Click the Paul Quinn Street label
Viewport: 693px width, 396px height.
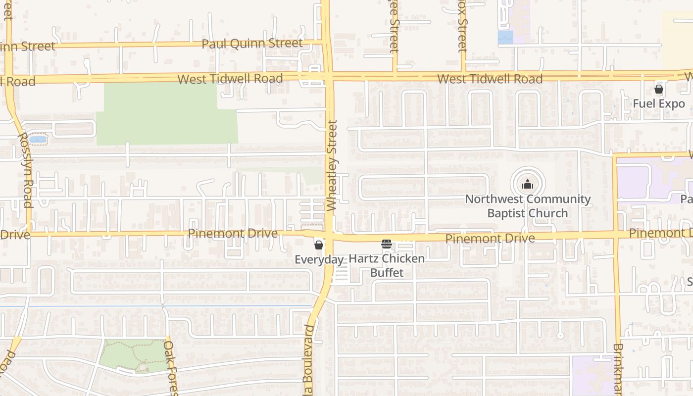tap(252, 44)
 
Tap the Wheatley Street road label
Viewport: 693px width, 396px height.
tap(332, 166)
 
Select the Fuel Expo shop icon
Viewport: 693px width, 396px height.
tap(659, 89)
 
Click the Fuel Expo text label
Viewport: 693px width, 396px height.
tap(659, 104)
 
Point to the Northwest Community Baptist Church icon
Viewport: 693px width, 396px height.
tap(528, 185)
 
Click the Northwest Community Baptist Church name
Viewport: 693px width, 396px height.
tap(528, 206)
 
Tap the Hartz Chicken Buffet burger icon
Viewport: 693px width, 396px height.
tap(387, 244)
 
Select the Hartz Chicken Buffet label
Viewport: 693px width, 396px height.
tap(387, 265)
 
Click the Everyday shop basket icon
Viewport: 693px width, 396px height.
tap(319, 245)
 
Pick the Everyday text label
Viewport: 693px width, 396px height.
tap(319, 260)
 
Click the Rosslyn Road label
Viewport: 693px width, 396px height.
tap(25, 169)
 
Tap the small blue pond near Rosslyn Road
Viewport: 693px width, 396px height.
tap(38, 140)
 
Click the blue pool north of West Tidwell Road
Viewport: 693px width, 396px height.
tap(505, 37)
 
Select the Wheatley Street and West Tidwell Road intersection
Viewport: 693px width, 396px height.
tap(328, 77)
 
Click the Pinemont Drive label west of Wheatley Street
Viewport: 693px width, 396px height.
tap(233, 233)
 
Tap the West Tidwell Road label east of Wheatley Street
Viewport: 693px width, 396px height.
tap(490, 79)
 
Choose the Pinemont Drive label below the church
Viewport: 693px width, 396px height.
tap(490, 239)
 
